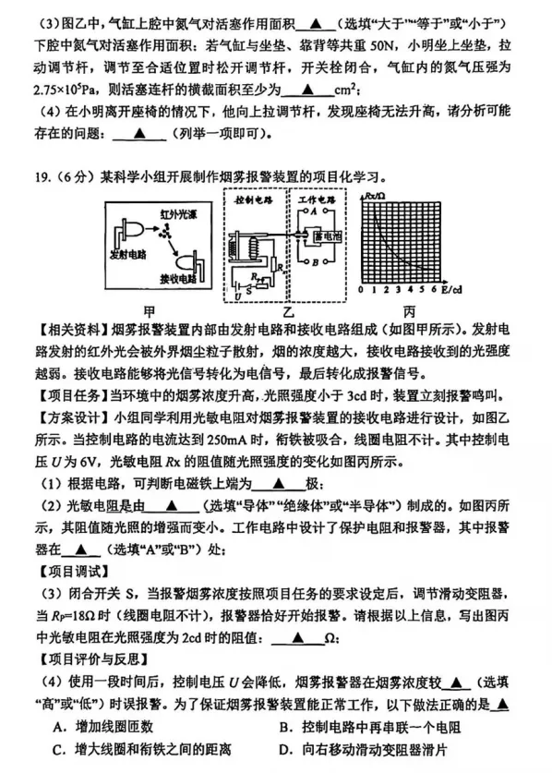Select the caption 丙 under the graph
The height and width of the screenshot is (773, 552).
pos(409,310)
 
